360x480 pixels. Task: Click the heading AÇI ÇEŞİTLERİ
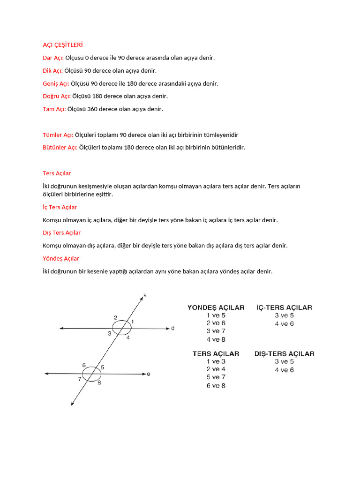tap(62, 45)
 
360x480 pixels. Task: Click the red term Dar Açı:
tap(53, 58)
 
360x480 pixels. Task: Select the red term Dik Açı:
tap(52, 71)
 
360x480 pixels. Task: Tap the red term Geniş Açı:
tap(56, 83)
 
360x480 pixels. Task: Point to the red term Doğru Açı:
tap(57, 96)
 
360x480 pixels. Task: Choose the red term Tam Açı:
tap(54, 109)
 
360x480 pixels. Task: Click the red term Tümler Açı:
tap(58, 135)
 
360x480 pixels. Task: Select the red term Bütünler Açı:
tap(60, 147)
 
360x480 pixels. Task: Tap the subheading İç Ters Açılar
tap(60, 207)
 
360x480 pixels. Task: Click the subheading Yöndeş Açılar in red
tap(60, 258)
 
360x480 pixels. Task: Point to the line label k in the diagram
tap(145, 295)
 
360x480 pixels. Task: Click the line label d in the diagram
tap(172, 329)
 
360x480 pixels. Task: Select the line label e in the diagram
tap(149, 374)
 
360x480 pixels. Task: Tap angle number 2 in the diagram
tap(115, 318)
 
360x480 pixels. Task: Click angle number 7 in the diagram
tap(80, 379)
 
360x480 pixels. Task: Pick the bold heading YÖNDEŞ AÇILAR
tap(216, 307)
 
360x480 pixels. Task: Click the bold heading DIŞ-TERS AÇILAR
tap(284, 353)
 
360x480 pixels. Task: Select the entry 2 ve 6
tap(216, 323)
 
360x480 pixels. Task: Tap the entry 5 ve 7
tap(216, 377)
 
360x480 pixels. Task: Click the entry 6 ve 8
tap(216, 386)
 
